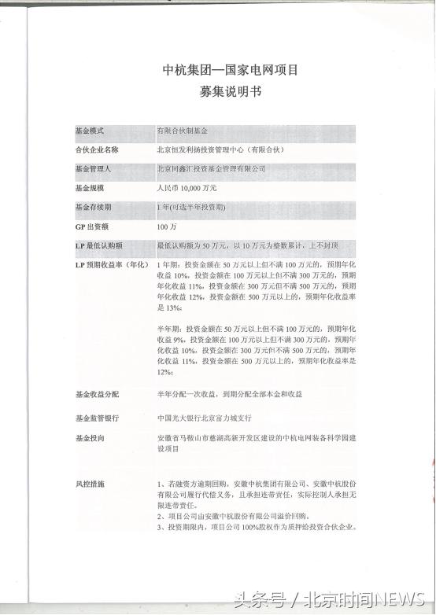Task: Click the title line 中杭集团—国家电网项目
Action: point(219,70)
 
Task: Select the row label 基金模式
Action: point(89,128)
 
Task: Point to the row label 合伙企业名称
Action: point(97,148)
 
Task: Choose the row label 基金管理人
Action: point(93,168)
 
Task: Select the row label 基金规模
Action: point(89,188)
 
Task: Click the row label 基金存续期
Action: point(93,208)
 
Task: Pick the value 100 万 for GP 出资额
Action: point(166,226)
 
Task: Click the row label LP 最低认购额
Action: point(98,245)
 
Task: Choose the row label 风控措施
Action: point(89,481)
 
